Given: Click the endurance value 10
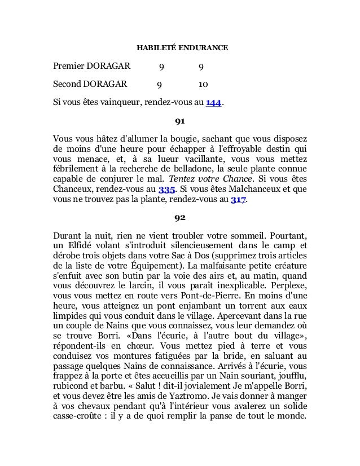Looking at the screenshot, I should click(x=203, y=86).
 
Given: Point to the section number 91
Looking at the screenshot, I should click(x=180, y=121).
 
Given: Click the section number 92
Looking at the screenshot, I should click(x=180, y=217).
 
